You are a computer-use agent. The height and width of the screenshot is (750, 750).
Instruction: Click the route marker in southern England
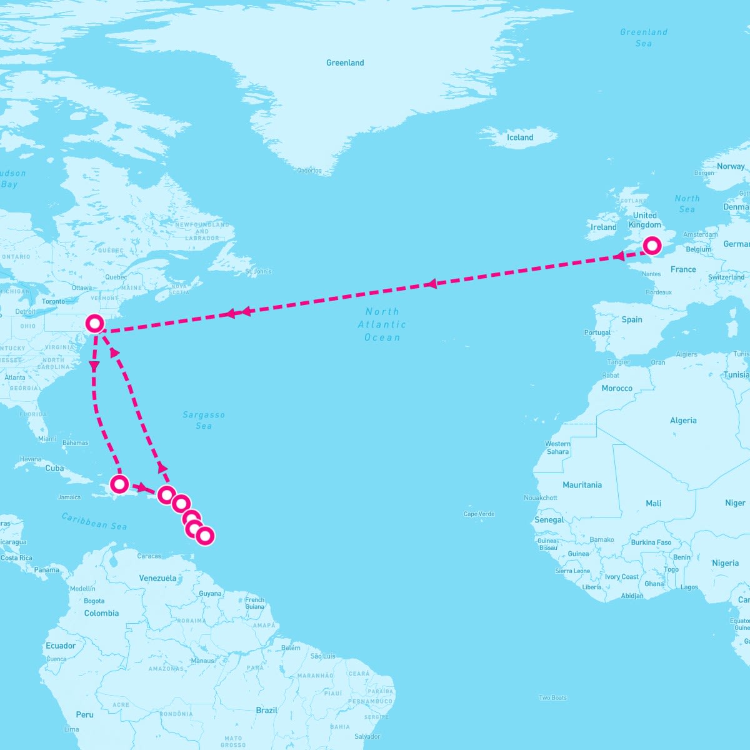[652, 246]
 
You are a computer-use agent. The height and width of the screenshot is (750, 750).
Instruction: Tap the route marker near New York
[94, 323]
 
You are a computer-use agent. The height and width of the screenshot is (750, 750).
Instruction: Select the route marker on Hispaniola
[119, 483]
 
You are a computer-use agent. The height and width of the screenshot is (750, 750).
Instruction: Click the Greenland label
[345, 62]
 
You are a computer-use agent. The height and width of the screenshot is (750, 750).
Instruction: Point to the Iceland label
[520, 137]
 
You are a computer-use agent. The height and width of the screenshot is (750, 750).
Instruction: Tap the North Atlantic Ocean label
[382, 324]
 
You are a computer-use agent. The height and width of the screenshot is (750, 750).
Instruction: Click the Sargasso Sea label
[204, 420]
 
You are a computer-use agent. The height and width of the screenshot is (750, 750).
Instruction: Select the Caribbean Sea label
[94, 521]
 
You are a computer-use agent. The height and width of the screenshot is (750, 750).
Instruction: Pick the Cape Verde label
[479, 514]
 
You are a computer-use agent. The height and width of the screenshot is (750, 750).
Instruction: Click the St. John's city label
[259, 271]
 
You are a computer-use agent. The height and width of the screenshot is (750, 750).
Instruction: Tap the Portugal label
[597, 332]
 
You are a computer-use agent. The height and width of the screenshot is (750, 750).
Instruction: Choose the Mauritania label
[582, 485]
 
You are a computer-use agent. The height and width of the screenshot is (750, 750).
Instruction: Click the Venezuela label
[157, 578]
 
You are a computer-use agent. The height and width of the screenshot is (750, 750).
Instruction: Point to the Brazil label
[267, 710]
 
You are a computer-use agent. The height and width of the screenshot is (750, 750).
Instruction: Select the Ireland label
[604, 227]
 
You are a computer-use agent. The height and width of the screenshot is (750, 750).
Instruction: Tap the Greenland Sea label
[644, 37]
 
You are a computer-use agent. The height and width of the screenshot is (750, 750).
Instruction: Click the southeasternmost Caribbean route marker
[204, 536]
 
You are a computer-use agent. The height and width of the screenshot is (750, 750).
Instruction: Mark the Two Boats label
[553, 697]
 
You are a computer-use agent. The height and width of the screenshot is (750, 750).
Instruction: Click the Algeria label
[683, 421]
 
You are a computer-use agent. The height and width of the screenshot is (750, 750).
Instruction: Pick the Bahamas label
[76, 442]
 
